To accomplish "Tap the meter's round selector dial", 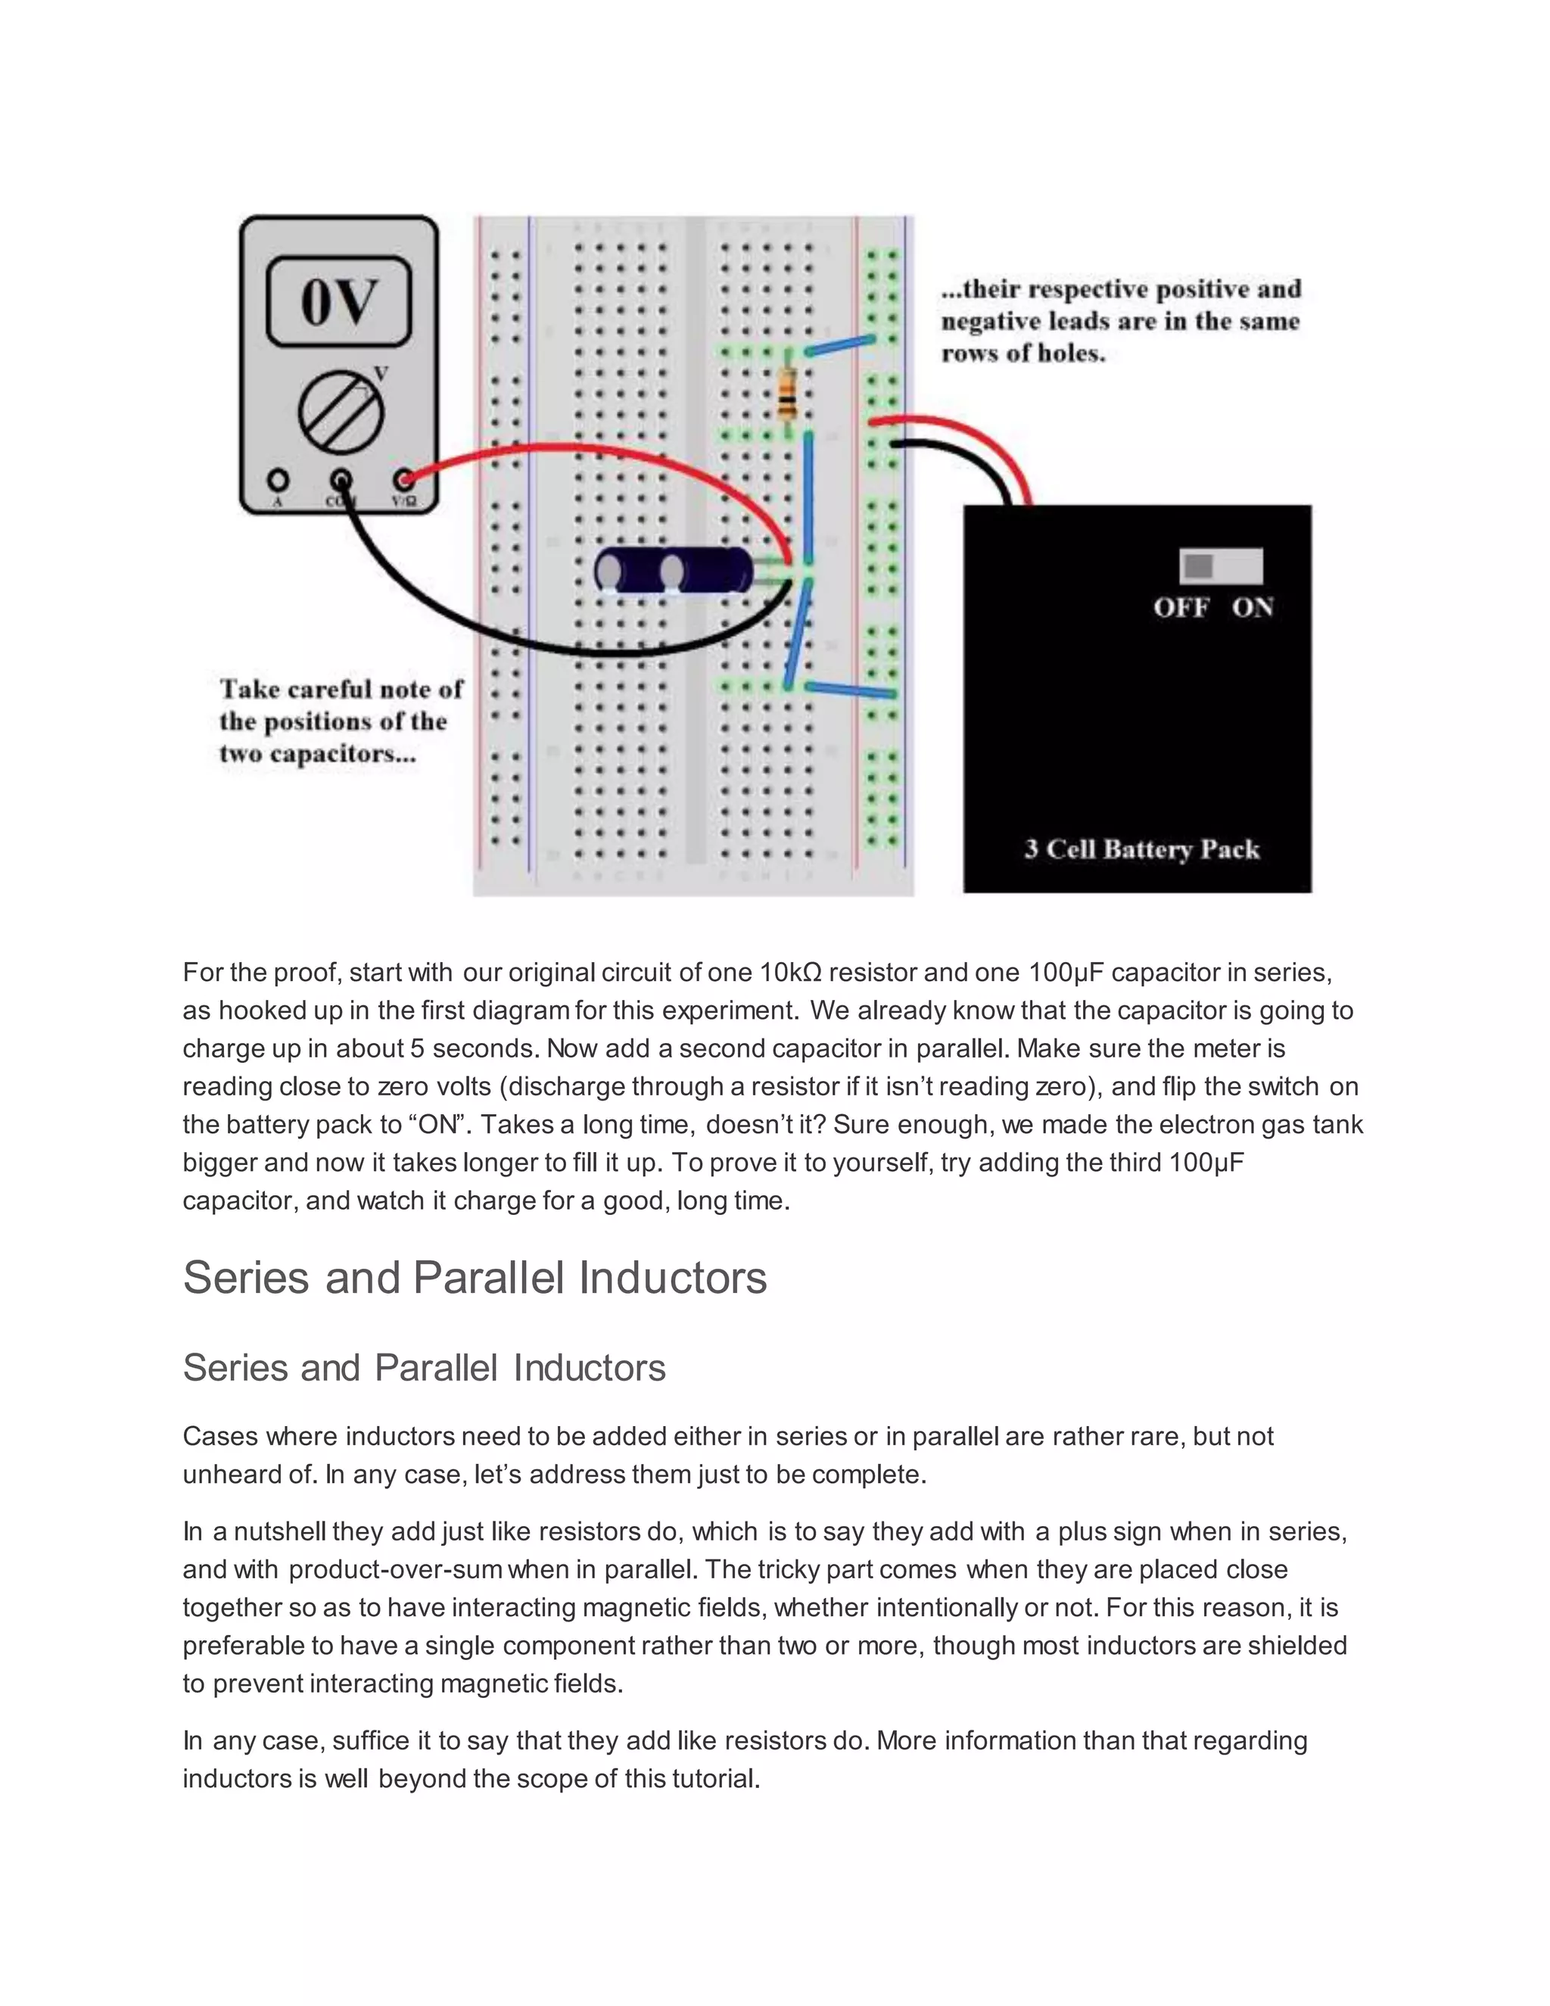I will (x=340, y=413).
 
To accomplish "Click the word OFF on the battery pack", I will (x=1181, y=608).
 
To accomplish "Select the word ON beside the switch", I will (x=1253, y=608).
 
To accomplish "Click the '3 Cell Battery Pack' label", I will (x=1141, y=849).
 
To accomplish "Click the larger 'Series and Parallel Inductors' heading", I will (x=474, y=1278).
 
